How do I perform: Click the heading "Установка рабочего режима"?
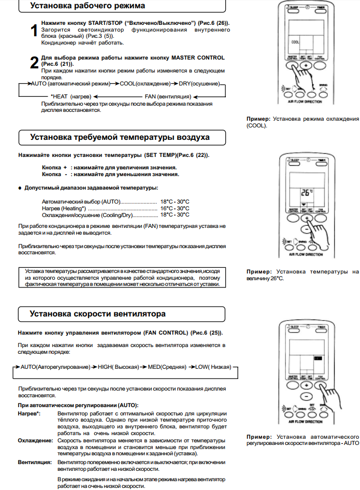click(x=88, y=6)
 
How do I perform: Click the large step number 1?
click(x=33, y=31)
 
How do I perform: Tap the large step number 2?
click(x=33, y=63)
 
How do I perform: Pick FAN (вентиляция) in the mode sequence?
click(x=168, y=97)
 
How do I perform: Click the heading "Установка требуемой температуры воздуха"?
click(x=120, y=138)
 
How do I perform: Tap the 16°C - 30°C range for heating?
click(x=175, y=208)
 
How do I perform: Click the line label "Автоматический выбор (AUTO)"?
click(x=81, y=201)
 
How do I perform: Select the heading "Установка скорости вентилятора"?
click(x=97, y=314)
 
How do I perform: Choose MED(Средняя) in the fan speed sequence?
click(x=166, y=367)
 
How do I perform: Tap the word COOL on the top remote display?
click(x=295, y=42)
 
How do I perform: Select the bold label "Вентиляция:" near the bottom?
click(x=35, y=461)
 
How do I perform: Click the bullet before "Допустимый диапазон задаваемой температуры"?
click(x=20, y=188)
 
